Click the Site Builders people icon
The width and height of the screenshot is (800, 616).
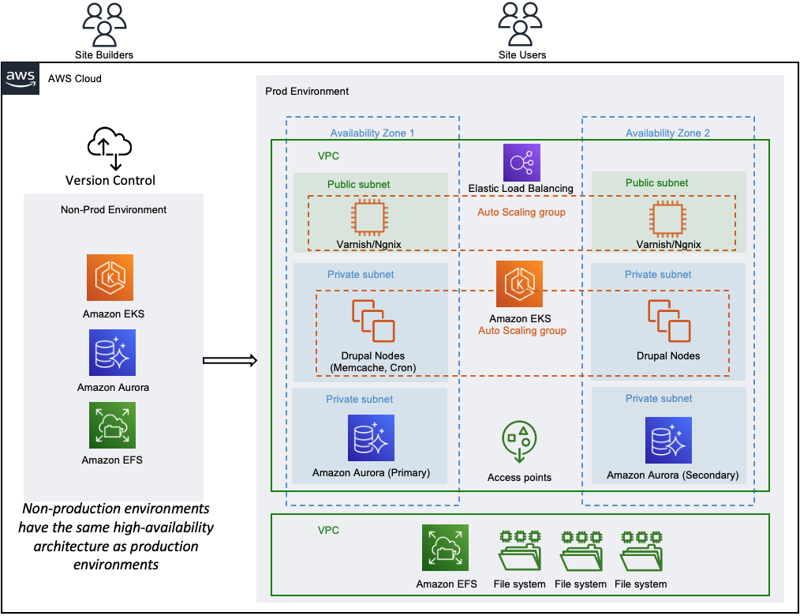click(104, 24)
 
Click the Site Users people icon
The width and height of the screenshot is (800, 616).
click(520, 24)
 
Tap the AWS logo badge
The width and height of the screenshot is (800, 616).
click(21, 79)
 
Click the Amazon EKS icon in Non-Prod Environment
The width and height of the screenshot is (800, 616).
click(110, 277)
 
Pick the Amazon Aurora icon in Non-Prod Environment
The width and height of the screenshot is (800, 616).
click(112, 352)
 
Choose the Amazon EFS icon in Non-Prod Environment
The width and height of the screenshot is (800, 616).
click(112, 425)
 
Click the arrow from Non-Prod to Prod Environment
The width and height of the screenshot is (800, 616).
click(230, 361)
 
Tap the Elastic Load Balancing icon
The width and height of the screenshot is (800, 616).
click(521, 163)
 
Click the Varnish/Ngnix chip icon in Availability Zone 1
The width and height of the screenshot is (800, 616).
click(369, 218)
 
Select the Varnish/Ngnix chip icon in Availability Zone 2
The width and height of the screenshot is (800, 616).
click(667, 219)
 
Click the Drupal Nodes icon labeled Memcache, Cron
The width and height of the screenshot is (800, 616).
click(373, 321)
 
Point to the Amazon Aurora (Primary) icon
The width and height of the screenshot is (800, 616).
click(371, 438)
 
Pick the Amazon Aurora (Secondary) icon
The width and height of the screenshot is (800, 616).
click(668, 441)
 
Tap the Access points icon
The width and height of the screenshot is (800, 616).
click(519, 441)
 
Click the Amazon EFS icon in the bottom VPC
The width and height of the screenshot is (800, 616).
click(446, 547)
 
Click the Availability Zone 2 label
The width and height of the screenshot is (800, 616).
click(667, 133)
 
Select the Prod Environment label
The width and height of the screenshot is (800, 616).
click(307, 91)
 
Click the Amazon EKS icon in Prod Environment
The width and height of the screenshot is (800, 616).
click(519, 284)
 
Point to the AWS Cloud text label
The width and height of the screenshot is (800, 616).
click(74, 79)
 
